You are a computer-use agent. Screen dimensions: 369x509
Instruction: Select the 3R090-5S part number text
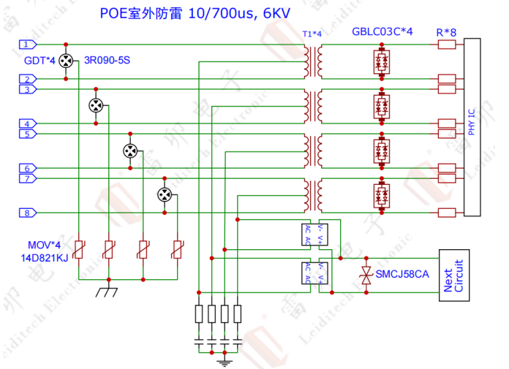[107, 60]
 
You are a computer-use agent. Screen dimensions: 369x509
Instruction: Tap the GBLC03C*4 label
[382, 32]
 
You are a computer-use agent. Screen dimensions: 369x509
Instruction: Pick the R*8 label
[446, 32]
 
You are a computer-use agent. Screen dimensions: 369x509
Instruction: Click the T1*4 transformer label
[312, 34]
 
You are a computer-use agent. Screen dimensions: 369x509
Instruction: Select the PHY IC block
[472, 126]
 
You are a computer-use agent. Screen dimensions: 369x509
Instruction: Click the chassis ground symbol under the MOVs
[108, 291]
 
